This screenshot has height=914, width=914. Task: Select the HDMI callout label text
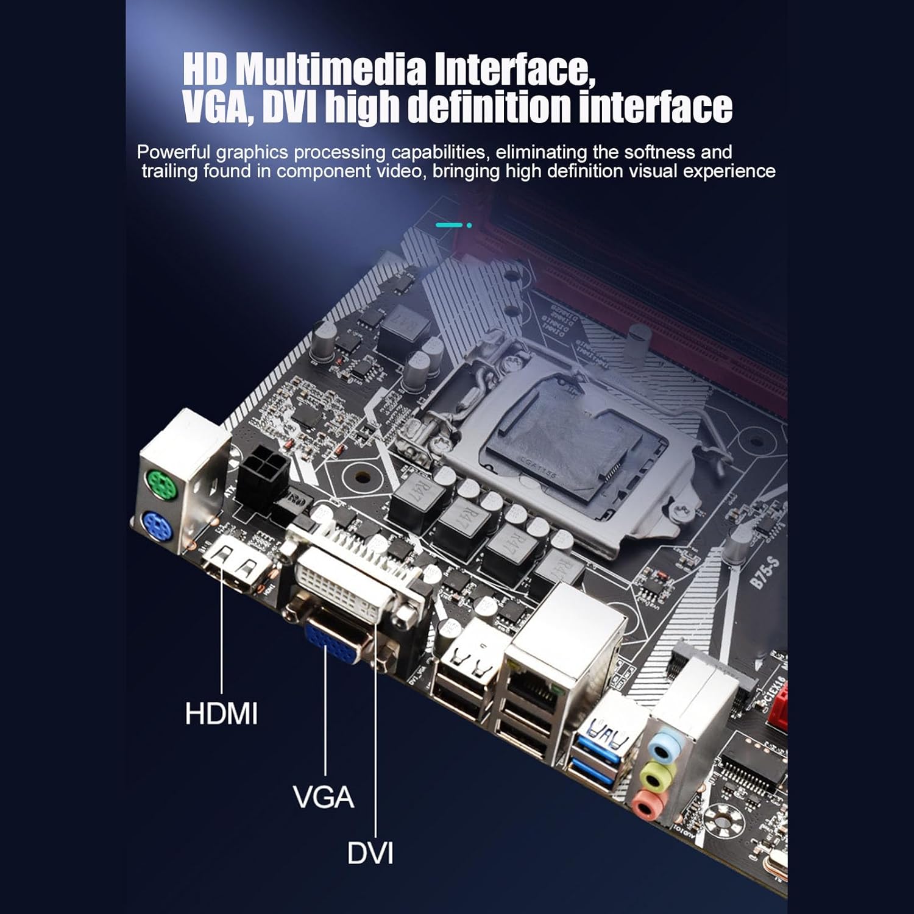[x=221, y=713]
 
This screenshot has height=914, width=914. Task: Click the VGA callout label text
[x=323, y=797]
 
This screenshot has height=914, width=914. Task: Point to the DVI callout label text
[x=370, y=852]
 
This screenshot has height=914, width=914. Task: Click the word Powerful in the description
[x=173, y=152]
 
